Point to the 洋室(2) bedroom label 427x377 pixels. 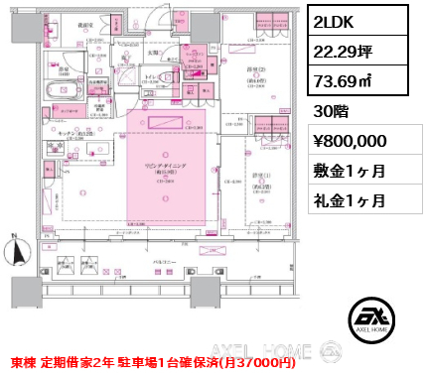click(x=256, y=71)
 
